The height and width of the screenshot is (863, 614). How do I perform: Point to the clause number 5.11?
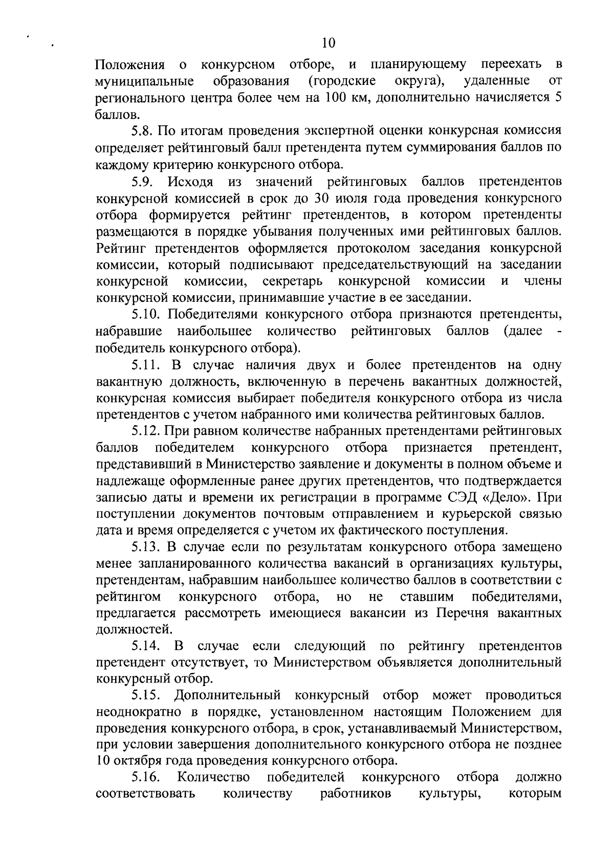[x=143, y=365]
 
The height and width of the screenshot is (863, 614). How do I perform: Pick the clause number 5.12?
[x=143, y=431]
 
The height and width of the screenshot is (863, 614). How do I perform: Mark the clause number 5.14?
[x=143, y=646]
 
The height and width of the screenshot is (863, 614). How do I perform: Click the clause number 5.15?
[x=143, y=696]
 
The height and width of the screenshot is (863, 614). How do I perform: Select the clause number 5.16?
[x=143, y=778]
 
